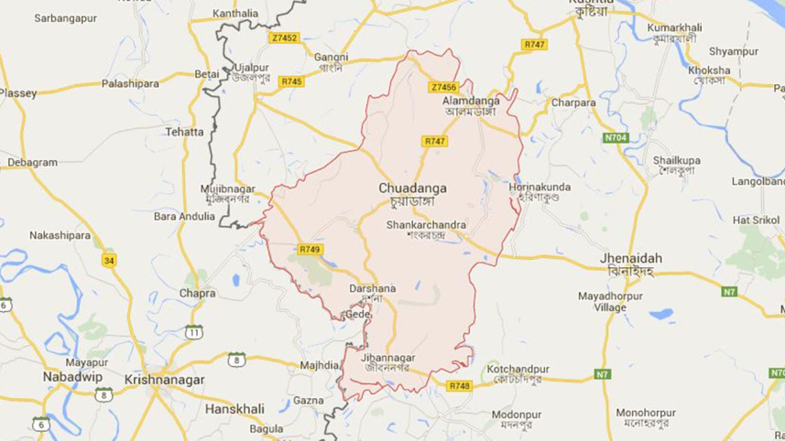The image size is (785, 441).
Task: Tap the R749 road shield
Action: point(310,249)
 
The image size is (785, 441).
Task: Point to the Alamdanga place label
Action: point(468,99)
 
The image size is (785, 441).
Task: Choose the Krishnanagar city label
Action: point(164,379)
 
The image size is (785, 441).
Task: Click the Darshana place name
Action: point(372,288)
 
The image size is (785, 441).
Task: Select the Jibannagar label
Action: point(390,358)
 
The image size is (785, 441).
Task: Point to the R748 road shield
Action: point(459,386)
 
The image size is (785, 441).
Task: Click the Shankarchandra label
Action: point(426,224)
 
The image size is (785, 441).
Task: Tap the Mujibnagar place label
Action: point(226,188)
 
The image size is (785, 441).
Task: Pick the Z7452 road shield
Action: point(285,38)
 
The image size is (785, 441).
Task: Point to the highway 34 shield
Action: point(110,261)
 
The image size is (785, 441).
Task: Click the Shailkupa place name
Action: point(677,161)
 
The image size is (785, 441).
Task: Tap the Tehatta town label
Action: point(184,132)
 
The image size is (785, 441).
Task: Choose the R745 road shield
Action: point(291,81)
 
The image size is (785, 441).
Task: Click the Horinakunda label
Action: point(540,188)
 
